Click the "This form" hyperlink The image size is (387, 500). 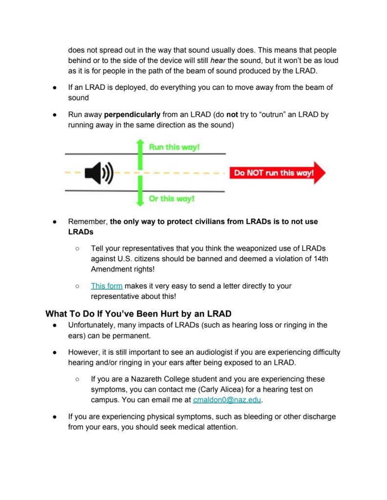(x=107, y=286)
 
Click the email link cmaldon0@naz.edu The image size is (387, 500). (x=227, y=399)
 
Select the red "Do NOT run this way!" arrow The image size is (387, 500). (x=277, y=173)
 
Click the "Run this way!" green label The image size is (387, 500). (x=174, y=147)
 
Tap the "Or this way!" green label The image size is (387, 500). (x=172, y=199)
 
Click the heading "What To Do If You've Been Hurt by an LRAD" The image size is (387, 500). (x=138, y=313)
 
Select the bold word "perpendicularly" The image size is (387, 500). (x=132, y=115)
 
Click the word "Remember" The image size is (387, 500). (x=87, y=221)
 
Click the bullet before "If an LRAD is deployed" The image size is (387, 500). (x=56, y=87)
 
